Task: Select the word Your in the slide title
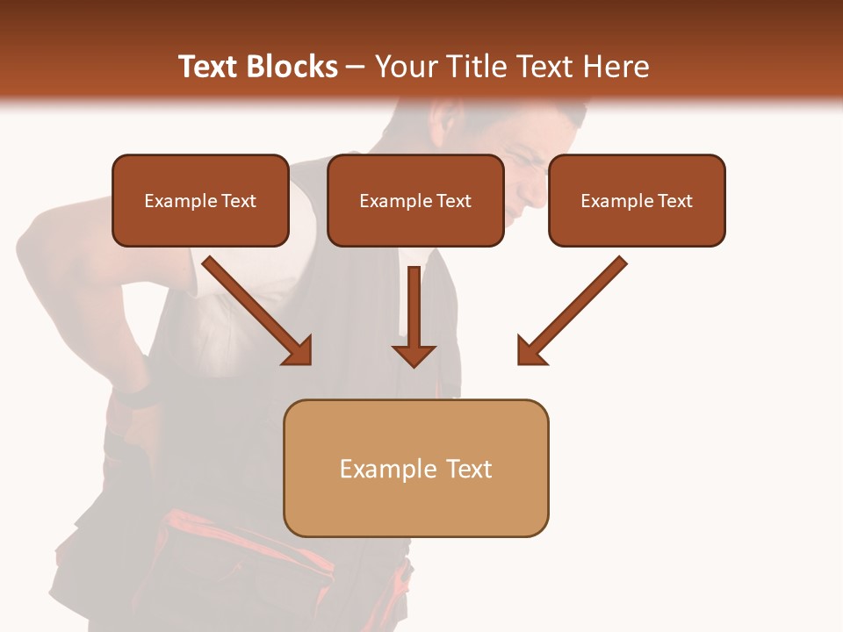[x=401, y=67]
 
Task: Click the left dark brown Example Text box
[x=200, y=200]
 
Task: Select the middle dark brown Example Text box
[x=415, y=200]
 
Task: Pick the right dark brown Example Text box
[x=637, y=200]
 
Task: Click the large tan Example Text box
[x=416, y=468]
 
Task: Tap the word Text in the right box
[x=675, y=201]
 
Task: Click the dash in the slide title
[x=355, y=67]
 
